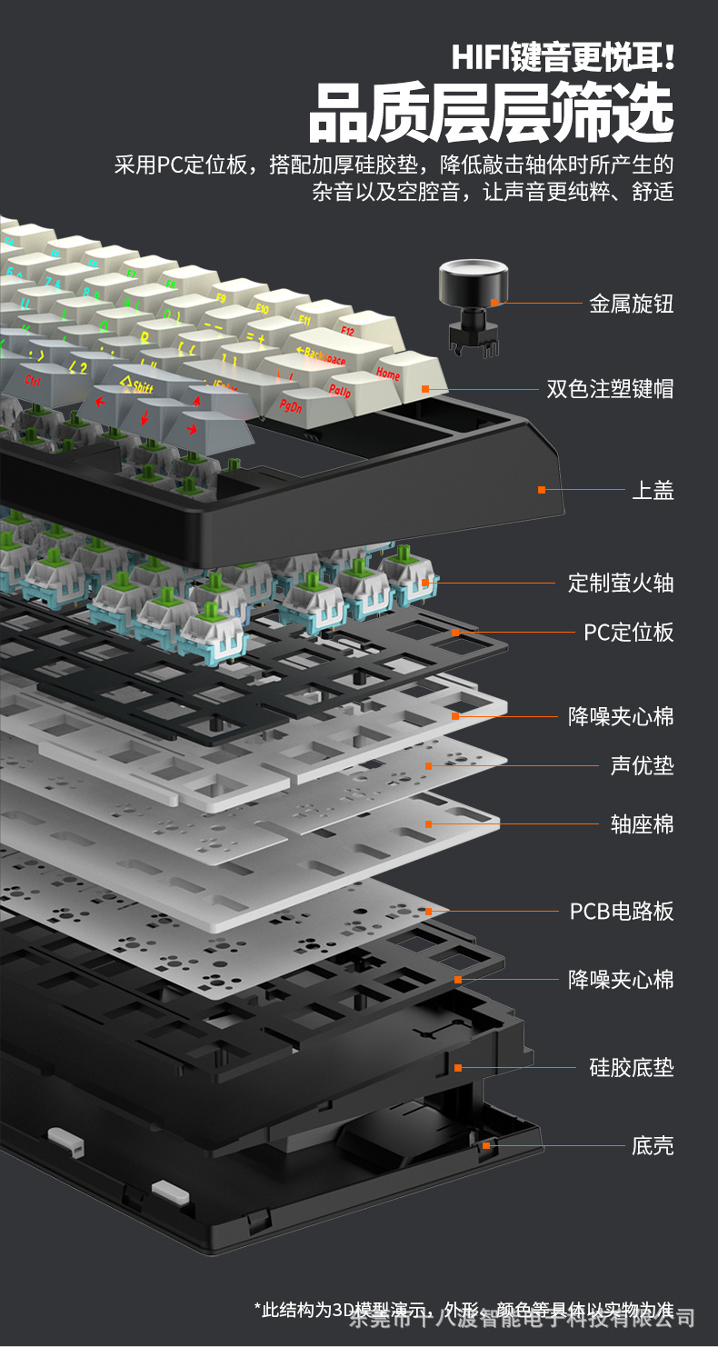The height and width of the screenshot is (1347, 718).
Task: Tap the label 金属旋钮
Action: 632,304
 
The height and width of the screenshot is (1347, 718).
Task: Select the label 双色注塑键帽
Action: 610,389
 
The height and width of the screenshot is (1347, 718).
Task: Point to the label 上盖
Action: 653,491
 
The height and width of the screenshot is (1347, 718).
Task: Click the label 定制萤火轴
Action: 621,583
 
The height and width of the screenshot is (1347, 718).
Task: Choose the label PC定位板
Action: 628,632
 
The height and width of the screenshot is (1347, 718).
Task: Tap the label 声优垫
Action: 642,765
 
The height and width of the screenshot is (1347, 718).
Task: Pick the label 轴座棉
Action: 642,824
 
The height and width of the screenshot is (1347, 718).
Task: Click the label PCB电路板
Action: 622,911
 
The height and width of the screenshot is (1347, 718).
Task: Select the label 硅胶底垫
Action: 632,1067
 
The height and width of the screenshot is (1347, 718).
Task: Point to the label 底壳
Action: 653,1145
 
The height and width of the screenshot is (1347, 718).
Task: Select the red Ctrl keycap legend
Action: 33,380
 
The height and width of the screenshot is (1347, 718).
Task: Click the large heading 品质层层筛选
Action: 491,114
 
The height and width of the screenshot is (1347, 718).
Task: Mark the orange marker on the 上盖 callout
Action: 542,490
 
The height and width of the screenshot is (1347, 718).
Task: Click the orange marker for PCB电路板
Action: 428,910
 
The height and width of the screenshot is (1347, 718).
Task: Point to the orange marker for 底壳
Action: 486,1145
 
